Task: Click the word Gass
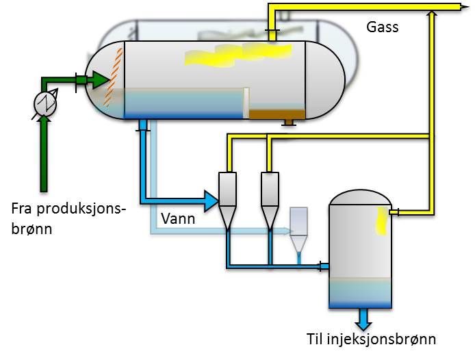point(383,27)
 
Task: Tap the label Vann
point(178,218)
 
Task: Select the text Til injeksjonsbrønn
point(371,339)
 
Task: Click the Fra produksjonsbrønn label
point(68,218)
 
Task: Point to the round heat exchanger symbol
point(45,103)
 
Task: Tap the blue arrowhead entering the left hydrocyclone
point(211,201)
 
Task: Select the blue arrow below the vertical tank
point(363,320)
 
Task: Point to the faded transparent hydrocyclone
point(299,230)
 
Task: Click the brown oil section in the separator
point(277,114)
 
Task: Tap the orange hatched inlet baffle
point(114,77)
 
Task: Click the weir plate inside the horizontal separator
point(246,103)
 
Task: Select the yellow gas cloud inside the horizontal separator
point(238,55)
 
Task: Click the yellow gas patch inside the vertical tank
point(382,221)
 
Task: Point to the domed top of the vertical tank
point(360,197)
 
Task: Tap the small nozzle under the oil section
point(289,122)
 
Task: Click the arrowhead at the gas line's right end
point(465,7)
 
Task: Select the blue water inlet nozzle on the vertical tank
point(324,266)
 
